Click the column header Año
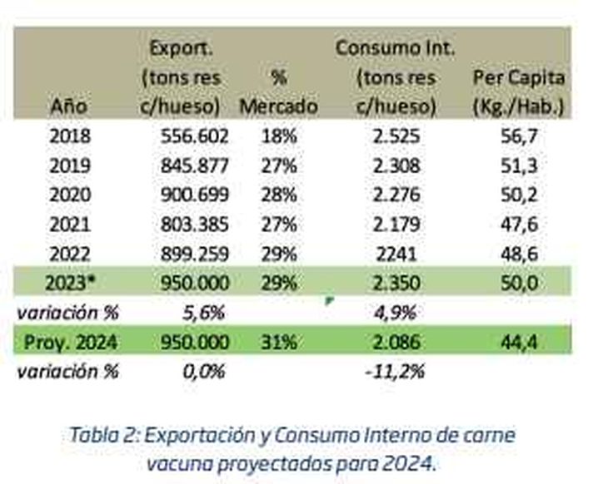tap(68, 106)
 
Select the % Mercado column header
tap(278, 92)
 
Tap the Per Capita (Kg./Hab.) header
tap(518, 92)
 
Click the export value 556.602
tap(194, 135)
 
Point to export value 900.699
tap(194, 194)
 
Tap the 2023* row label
tap(72, 282)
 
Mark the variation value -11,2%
tap(396, 371)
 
